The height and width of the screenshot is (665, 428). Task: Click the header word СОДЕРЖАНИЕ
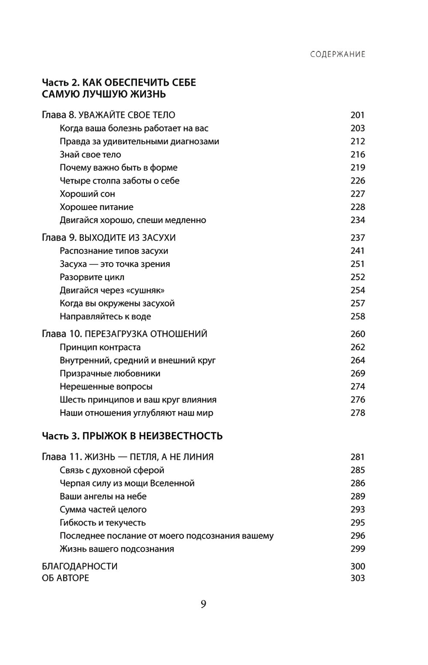pyautogui.click(x=338, y=54)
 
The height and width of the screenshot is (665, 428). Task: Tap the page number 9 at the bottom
pyautogui.click(x=203, y=604)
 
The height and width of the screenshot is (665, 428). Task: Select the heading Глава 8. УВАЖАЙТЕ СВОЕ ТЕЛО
pyautogui.click(x=109, y=115)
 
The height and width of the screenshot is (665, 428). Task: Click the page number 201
pyautogui.click(x=357, y=115)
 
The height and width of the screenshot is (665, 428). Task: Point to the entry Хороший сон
pyautogui.click(x=87, y=194)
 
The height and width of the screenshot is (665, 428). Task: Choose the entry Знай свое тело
pyautogui.click(x=90, y=154)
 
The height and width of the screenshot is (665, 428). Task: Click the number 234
pyautogui.click(x=357, y=220)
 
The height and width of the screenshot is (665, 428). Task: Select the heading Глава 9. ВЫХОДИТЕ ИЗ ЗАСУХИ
pyautogui.click(x=109, y=238)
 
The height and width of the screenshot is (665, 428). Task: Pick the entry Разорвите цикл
pyautogui.click(x=92, y=277)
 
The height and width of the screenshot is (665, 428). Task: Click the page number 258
pyautogui.click(x=357, y=316)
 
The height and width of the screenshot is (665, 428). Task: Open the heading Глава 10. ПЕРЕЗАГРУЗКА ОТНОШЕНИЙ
pyautogui.click(x=125, y=334)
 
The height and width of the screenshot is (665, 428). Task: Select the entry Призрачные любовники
pyautogui.click(x=110, y=373)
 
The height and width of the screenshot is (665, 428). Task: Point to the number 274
pyautogui.click(x=357, y=387)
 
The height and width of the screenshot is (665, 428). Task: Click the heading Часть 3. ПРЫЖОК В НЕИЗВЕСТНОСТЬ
pyautogui.click(x=132, y=436)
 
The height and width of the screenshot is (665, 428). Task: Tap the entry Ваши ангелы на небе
pyautogui.click(x=103, y=496)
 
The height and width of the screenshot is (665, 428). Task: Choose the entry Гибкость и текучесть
pyautogui.click(x=103, y=522)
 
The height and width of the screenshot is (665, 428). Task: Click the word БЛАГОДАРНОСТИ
pyautogui.click(x=80, y=566)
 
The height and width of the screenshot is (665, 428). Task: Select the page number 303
pyautogui.click(x=357, y=578)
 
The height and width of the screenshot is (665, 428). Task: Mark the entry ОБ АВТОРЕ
pyautogui.click(x=66, y=578)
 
